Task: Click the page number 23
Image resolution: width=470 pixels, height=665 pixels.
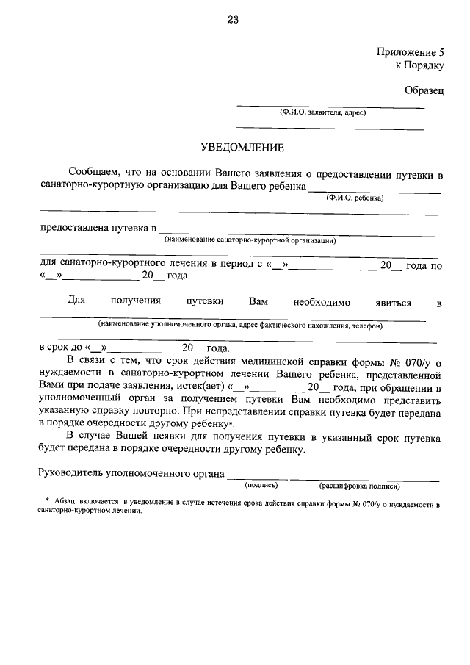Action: [233, 20]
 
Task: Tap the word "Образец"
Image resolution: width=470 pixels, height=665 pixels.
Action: [424, 90]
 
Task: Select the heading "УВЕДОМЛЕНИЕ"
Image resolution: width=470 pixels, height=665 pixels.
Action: [242, 148]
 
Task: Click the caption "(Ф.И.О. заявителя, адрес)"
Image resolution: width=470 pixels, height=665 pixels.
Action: [322, 113]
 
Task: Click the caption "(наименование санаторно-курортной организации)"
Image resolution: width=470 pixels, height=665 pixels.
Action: [250, 240]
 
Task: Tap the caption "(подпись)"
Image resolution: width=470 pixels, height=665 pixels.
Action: [261, 485]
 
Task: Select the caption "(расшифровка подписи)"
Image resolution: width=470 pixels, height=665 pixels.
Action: [359, 485]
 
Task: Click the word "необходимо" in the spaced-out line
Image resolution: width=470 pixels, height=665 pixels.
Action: [322, 302]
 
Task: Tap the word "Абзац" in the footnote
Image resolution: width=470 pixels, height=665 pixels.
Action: [60, 500]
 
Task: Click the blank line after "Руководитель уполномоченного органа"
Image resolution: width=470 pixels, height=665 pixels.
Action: [258, 476]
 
